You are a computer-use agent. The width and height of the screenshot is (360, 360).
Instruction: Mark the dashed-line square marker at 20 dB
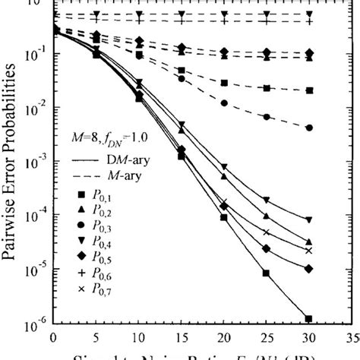click(223, 83)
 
